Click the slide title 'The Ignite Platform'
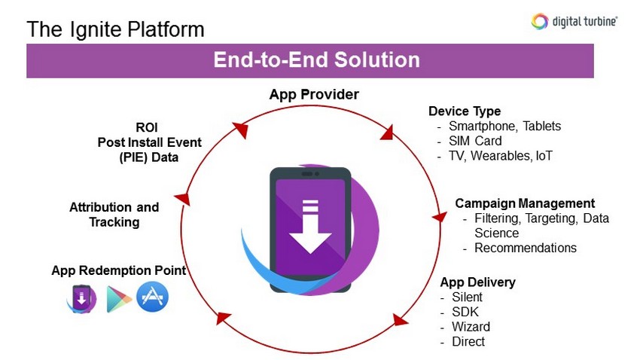[115, 29]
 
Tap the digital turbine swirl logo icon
[539, 21]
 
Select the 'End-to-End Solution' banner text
[316, 60]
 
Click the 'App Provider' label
[314, 94]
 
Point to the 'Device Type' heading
[465, 111]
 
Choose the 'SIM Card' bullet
[474, 141]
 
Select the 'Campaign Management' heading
[525, 203]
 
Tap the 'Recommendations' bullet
[525, 248]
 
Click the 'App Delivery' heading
[478, 282]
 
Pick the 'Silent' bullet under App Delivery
[466, 297]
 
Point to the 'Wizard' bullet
[471, 327]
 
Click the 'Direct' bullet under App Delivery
[468, 342]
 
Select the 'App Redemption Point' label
[119, 270]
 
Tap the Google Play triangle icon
[118, 299]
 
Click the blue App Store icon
[152, 297]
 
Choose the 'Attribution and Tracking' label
[114, 215]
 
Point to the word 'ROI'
[148, 128]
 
